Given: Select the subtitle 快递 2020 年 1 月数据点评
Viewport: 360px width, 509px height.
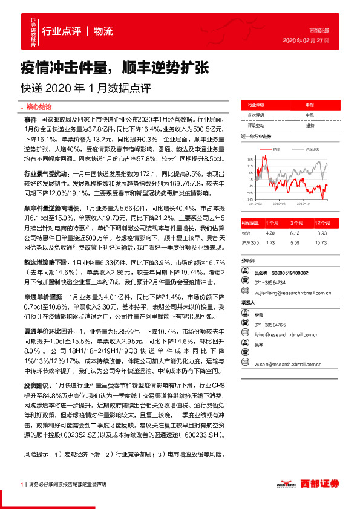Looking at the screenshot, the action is (85, 86).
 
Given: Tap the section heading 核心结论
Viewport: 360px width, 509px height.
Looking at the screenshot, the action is (40, 106).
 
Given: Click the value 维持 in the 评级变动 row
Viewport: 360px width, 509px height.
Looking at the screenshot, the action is (310, 125).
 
